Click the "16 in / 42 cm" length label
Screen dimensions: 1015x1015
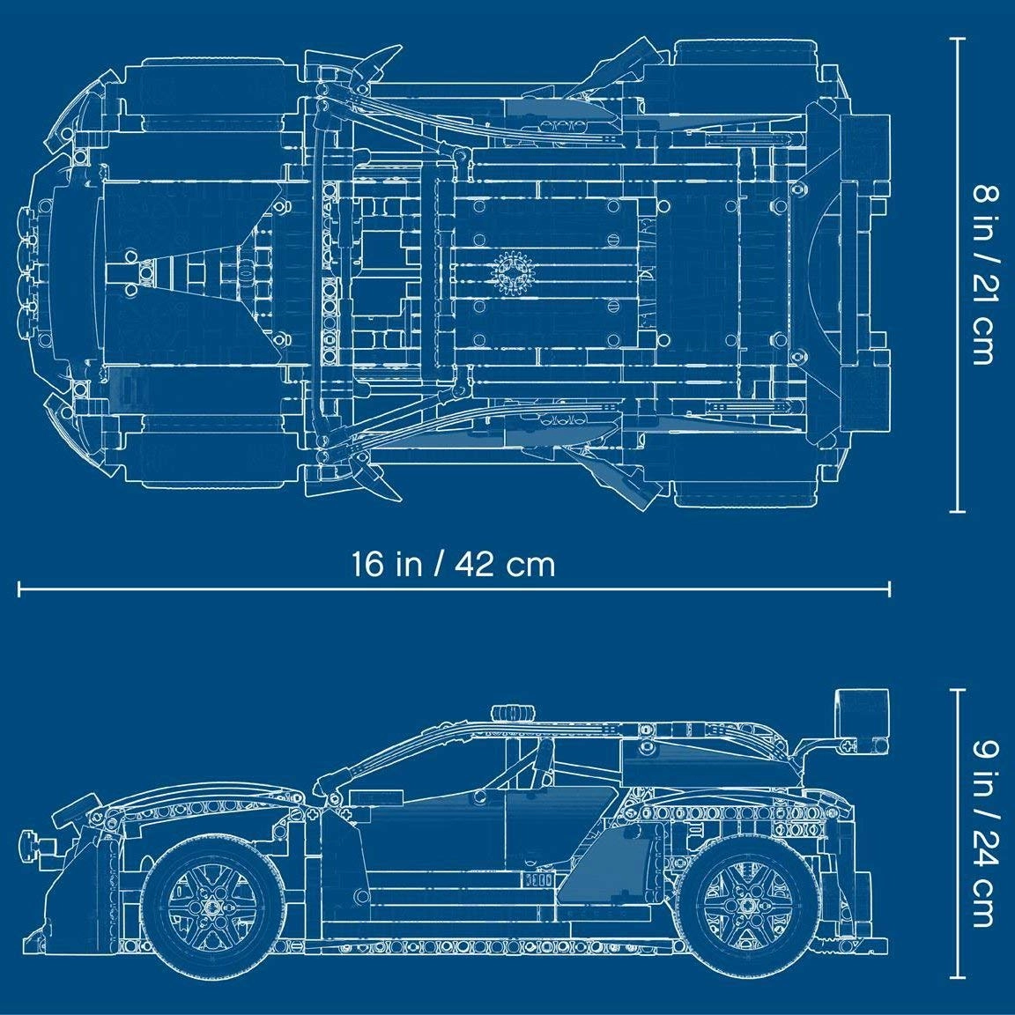(454, 563)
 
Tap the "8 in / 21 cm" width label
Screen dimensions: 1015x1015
(983, 274)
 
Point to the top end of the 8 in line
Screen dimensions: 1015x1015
(957, 38)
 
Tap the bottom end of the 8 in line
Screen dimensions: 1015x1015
(957, 510)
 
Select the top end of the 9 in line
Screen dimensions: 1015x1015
(957, 690)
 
